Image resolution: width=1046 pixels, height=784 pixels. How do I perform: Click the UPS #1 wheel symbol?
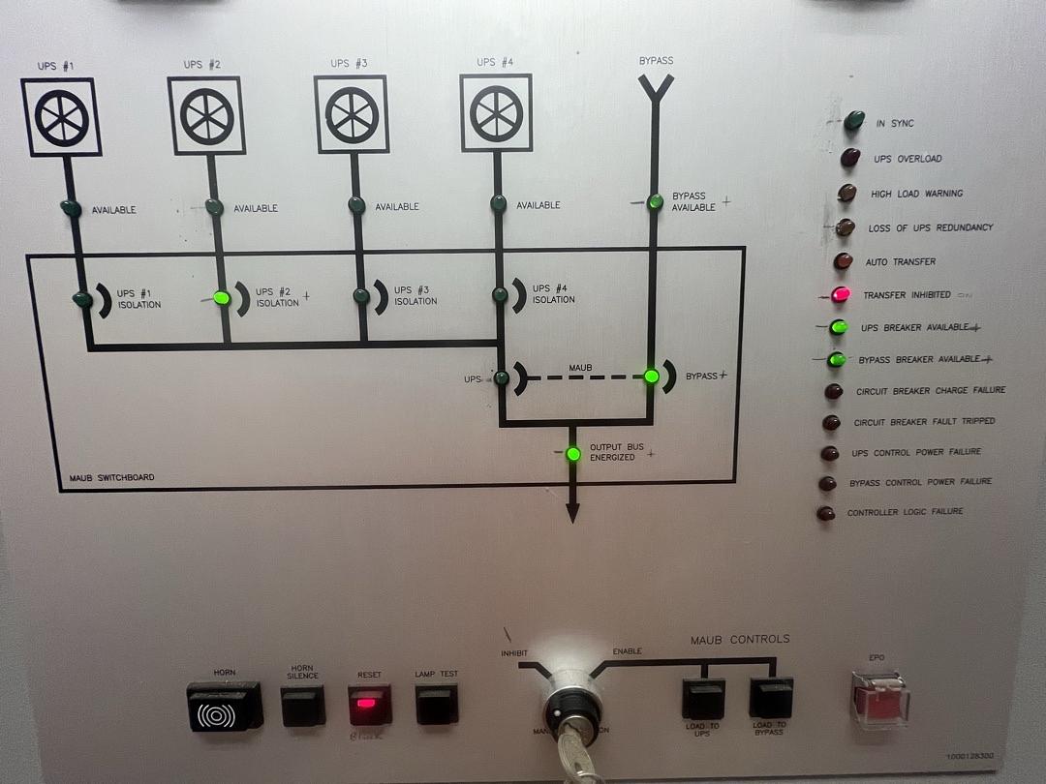(62, 118)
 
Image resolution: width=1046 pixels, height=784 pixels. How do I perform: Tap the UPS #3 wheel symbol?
(352, 115)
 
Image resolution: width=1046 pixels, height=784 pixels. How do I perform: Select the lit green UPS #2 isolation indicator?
(221, 298)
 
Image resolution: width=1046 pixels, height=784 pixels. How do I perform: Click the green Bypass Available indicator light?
(656, 201)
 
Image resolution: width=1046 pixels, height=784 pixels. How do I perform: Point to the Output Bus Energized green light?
(573, 453)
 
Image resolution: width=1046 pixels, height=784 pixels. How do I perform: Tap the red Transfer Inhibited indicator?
(841, 294)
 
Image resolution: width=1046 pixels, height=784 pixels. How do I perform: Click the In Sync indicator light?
(854, 121)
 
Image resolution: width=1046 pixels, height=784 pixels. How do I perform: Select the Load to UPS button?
(703, 699)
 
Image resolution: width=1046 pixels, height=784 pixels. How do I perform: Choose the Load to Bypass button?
(771, 698)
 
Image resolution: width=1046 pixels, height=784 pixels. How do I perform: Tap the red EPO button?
(879, 700)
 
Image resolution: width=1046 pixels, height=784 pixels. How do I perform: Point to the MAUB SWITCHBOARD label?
(111, 478)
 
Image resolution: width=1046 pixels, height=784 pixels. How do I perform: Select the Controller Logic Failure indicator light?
(826, 514)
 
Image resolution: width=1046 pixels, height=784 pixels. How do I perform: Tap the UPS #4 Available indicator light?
(499, 203)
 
